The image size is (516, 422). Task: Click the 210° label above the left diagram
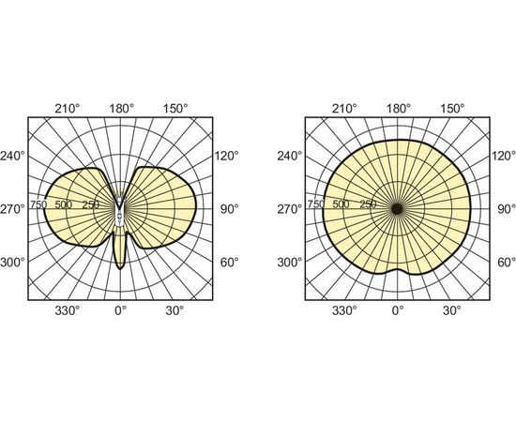click(67, 108)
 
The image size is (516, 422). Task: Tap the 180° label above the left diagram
click(122, 108)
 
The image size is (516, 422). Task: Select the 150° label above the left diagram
click(175, 108)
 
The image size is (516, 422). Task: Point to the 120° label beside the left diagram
click(227, 156)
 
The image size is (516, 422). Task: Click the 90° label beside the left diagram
click(229, 209)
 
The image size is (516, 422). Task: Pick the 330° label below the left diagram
click(67, 310)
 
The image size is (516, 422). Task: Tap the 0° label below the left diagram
click(120, 310)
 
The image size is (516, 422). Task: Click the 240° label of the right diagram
click(289, 156)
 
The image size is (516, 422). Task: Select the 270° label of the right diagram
click(289, 209)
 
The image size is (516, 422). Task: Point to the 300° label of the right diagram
click(289, 263)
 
